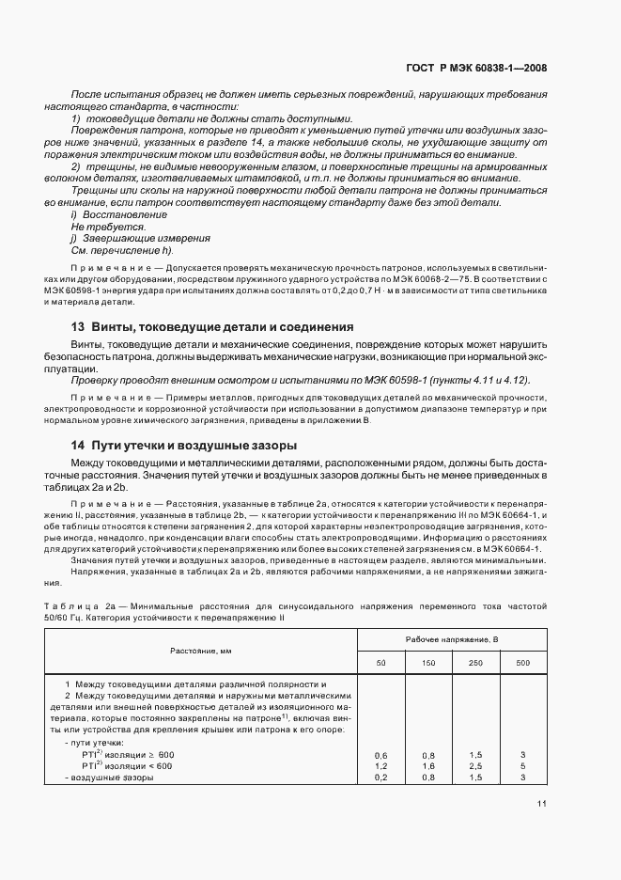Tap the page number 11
542,803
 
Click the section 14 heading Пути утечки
184,445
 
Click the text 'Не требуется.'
101,227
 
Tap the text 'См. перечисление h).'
122,251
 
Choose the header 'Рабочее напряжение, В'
451,639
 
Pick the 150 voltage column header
428,664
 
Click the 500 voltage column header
522,664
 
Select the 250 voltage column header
475,664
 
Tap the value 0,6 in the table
381,755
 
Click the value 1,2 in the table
381,766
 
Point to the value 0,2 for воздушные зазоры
381,778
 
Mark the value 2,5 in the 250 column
475,766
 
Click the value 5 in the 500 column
522,766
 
